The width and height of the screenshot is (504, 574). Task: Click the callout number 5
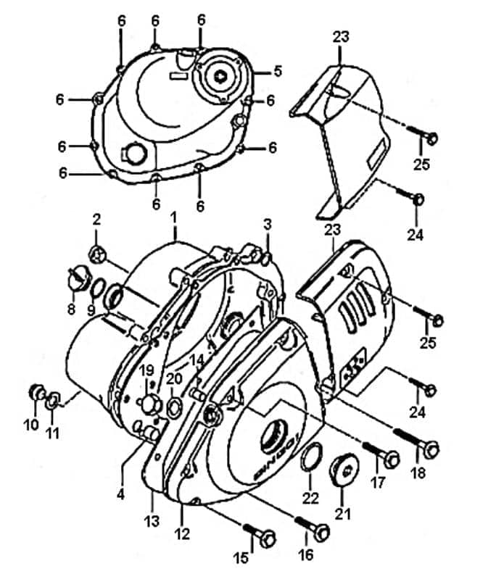point(278,70)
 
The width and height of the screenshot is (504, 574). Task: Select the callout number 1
point(173,217)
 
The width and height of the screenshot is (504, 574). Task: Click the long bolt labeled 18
point(416,441)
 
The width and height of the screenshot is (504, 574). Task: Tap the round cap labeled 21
point(344,470)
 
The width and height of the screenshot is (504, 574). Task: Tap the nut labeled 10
point(37,393)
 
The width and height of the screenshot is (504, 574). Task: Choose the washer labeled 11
point(52,400)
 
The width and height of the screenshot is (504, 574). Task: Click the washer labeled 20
point(173,408)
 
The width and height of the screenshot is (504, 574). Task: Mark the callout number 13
point(152,521)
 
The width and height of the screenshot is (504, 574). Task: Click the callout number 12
point(182,533)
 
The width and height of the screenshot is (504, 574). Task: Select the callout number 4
point(120,494)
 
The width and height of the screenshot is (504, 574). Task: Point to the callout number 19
point(147,370)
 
